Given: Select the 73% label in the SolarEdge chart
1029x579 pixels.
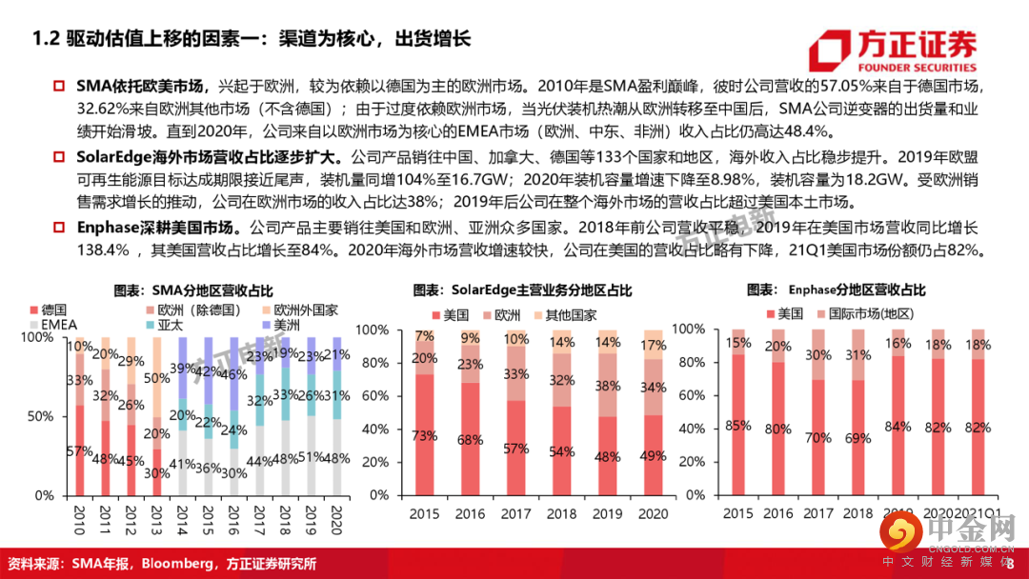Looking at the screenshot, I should pos(425,435).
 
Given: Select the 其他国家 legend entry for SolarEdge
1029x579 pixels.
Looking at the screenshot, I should pos(568,314).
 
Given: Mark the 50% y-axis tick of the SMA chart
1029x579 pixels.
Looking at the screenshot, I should pos(42,416).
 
